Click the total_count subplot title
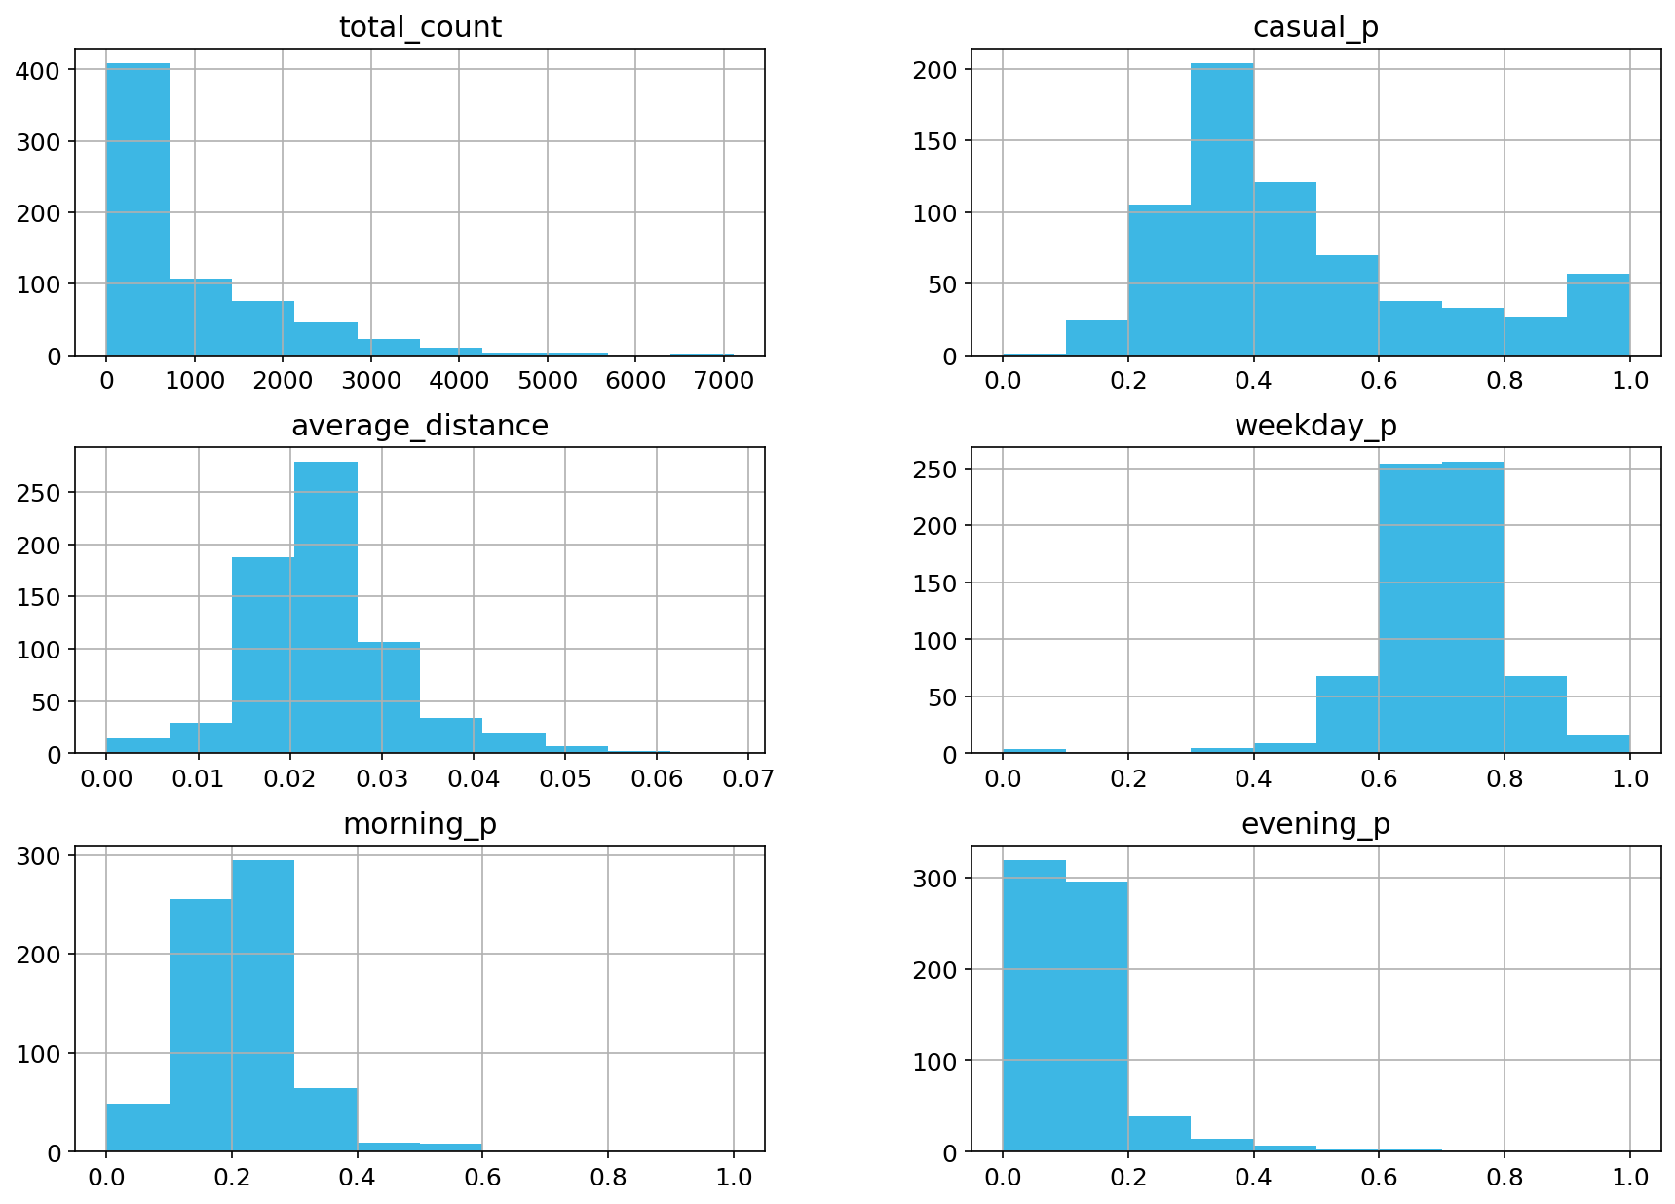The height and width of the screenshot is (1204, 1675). [420, 27]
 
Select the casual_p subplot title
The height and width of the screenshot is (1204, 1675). [1315, 27]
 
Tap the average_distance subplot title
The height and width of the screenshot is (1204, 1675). [420, 426]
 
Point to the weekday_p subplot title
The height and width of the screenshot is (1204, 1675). [1315, 426]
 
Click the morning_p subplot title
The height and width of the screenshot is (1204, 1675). [420, 824]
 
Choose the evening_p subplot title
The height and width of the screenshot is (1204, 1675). [1315, 824]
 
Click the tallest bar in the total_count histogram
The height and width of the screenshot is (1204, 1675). [137, 209]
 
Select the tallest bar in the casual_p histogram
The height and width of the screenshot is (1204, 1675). [1222, 209]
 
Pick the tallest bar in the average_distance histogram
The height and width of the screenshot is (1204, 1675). [325, 608]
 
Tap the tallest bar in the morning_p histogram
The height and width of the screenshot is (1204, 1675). [263, 1005]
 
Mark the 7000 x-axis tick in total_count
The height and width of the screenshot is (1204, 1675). [723, 380]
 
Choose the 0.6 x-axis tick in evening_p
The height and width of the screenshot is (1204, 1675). [1379, 1177]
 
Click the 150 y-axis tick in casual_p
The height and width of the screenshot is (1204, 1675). [938, 141]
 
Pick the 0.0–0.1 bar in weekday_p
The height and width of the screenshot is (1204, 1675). [1034, 751]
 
